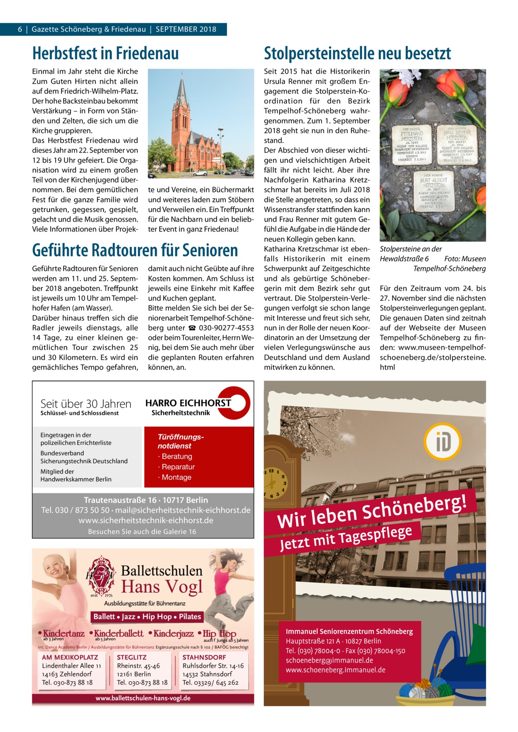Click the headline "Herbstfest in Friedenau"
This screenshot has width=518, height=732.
pos(105,54)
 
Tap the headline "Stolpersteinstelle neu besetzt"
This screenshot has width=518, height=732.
pos(357,54)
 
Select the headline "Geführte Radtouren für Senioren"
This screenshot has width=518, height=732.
pos(135,250)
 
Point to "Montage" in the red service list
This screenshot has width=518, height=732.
pos(176,477)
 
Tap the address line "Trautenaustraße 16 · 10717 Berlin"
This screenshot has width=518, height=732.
pos(146,500)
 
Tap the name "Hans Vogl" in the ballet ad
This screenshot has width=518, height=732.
pos(162,586)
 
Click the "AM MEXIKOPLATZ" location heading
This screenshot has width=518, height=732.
pos(70,657)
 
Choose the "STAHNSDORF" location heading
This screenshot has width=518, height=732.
pos(204,657)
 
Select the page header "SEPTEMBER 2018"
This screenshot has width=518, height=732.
pos(186,29)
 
